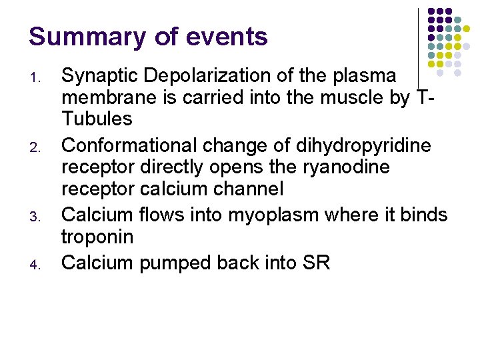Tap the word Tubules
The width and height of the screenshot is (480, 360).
[x=97, y=119]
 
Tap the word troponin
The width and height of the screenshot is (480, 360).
[x=97, y=237]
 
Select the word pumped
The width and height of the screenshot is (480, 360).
[x=175, y=263]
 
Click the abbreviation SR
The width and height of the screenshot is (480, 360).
[x=315, y=262]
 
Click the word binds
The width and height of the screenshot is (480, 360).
[x=422, y=215]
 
